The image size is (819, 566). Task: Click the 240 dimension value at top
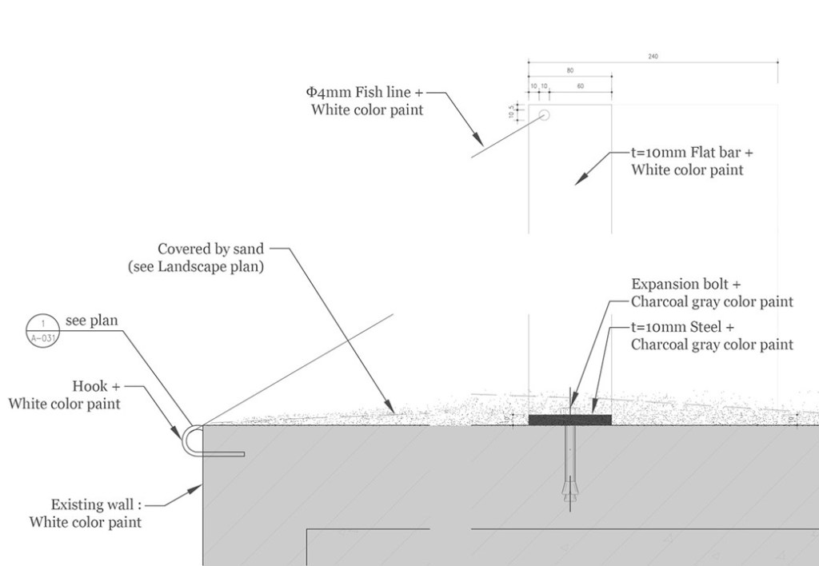point(653,57)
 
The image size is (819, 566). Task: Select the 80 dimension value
point(569,71)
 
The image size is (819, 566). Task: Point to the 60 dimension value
point(580,86)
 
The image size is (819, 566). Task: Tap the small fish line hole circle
point(545,115)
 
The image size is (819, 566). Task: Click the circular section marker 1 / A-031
point(42,329)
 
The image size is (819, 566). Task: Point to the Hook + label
point(96,387)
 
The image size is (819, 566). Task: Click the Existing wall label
point(97,504)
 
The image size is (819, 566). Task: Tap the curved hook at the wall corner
point(189,440)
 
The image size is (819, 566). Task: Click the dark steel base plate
point(569,420)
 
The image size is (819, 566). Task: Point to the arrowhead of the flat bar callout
point(579,181)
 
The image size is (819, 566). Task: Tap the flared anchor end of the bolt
point(569,487)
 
